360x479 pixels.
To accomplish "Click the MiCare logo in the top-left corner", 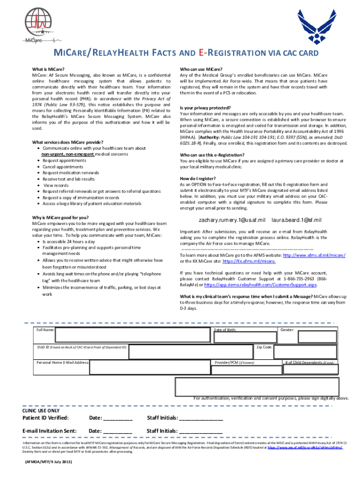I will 41,26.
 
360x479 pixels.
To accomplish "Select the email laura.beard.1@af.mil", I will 296,220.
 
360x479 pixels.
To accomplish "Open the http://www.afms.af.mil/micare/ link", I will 314,255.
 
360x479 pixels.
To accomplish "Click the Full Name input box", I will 132,334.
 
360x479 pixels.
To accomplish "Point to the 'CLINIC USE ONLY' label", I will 41,410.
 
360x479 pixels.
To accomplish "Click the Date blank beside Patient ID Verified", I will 117,418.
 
